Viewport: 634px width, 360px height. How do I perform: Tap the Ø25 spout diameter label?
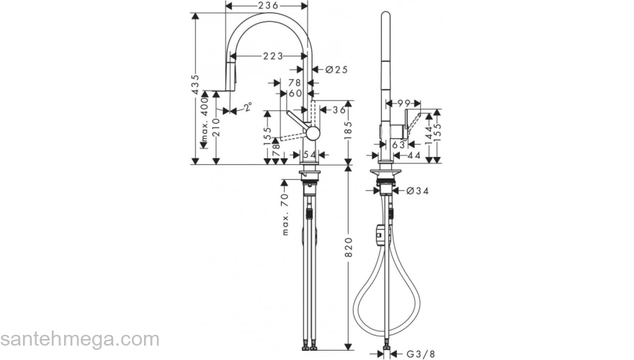pos(336,70)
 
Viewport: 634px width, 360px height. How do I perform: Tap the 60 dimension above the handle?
pos(295,93)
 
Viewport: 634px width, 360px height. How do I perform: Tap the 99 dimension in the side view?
pos(403,104)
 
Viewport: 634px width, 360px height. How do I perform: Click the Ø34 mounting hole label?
pos(418,191)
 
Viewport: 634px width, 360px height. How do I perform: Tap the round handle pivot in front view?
pos(312,132)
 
